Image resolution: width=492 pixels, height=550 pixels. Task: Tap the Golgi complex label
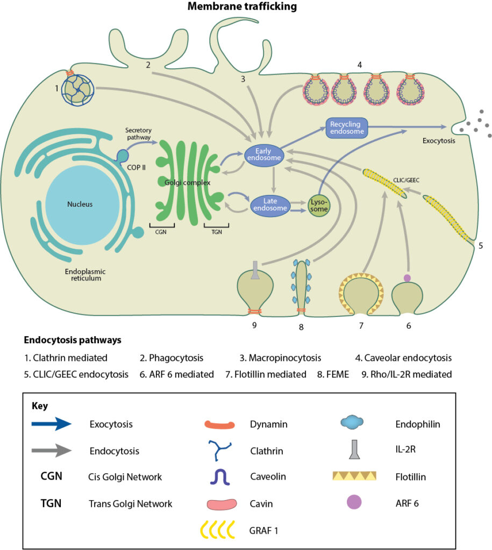(x=188, y=183)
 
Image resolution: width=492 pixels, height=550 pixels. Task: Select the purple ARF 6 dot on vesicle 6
(x=407, y=277)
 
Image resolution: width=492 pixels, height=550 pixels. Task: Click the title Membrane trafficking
(x=241, y=7)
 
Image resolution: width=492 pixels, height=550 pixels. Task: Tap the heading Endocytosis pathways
(x=73, y=341)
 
